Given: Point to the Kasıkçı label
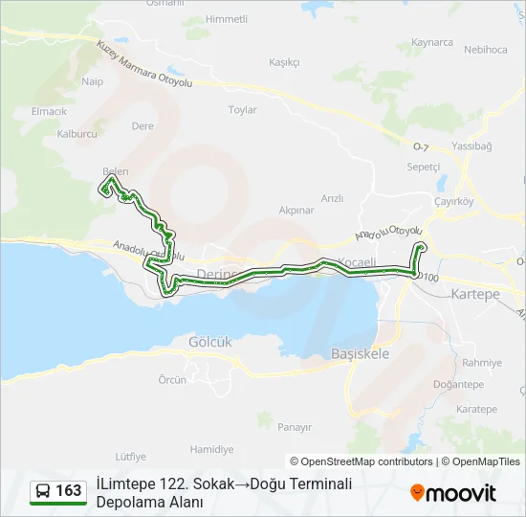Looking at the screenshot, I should coord(285,62).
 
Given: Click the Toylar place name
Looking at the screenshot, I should coord(243,110).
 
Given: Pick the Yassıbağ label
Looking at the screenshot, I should coord(472,146).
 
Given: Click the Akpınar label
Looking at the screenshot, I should coord(296,210).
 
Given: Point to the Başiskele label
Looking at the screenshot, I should coord(360,353).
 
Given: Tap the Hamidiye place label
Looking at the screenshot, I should coord(211,449).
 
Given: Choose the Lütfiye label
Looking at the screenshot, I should coord(130,456).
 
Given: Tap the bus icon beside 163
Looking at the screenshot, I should coord(43,491).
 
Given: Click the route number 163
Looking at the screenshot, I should coord(68,491).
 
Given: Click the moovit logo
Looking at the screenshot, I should coord(453,493).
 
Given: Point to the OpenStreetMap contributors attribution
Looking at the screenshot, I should coord(363,461).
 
